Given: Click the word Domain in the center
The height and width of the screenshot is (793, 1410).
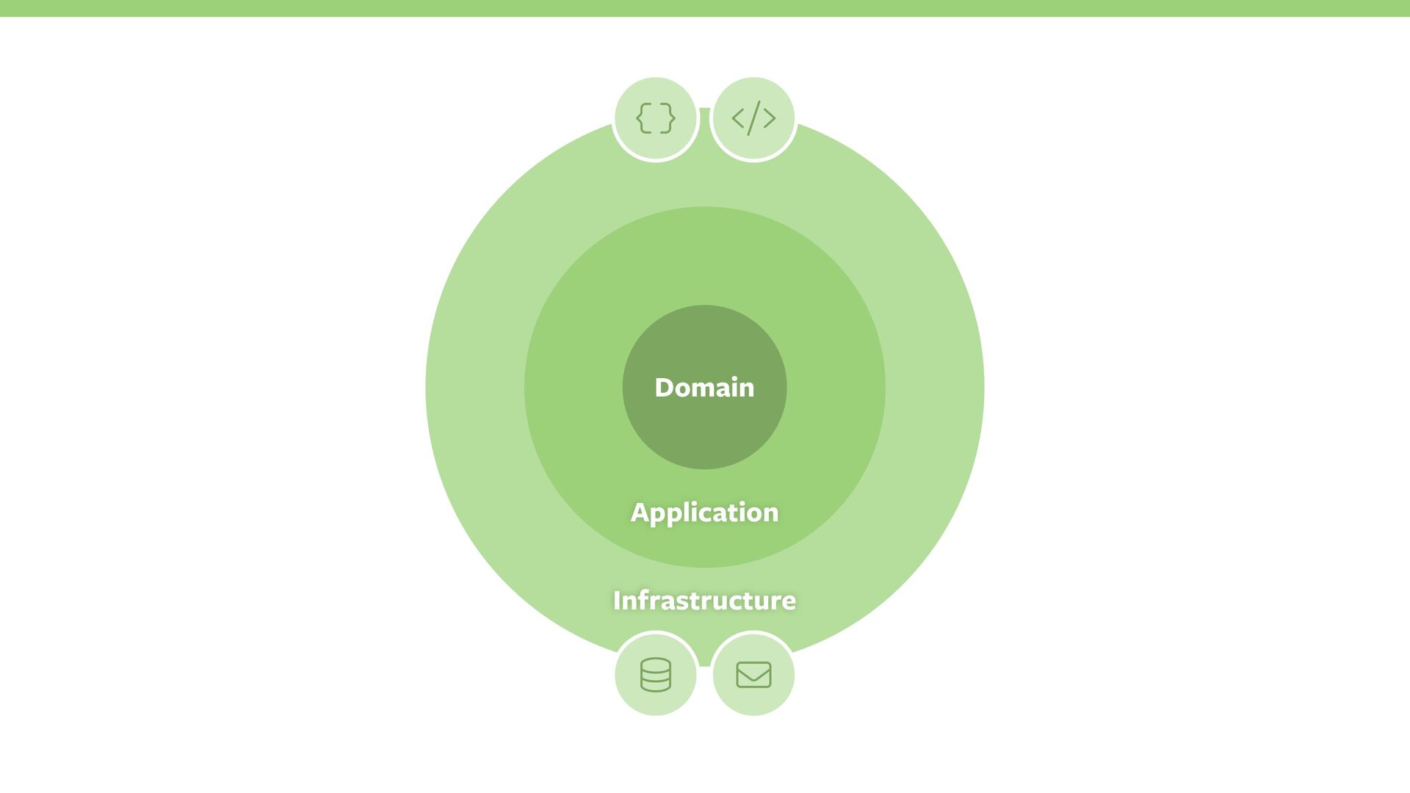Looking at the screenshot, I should click(704, 387).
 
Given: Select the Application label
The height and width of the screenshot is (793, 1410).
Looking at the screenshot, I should click(704, 513).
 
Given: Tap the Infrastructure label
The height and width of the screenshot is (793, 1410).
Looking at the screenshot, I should click(704, 601).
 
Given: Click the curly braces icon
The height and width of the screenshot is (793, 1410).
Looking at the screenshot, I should click(655, 118).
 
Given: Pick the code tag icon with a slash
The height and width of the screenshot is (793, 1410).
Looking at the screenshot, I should click(753, 118).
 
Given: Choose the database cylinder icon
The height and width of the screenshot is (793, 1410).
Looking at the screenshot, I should click(655, 674).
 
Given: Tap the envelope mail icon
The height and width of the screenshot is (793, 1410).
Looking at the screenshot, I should click(753, 674).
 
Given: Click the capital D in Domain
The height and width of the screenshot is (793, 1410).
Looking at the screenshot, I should click(664, 388).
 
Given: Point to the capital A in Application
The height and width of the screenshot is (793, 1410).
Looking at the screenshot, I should click(640, 513).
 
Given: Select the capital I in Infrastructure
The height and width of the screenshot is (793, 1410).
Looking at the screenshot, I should click(617, 601).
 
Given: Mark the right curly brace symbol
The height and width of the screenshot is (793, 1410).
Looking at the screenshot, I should click(668, 118).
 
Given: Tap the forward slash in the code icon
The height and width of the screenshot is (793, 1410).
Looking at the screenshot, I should click(753, 118).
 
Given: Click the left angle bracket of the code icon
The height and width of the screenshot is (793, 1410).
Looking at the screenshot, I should click(738, 118).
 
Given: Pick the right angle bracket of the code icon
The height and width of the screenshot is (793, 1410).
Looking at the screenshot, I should click(770, 118).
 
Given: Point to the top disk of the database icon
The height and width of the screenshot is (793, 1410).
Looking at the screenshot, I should click(655, 664).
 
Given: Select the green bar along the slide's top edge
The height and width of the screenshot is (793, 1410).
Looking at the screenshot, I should click(705, 8).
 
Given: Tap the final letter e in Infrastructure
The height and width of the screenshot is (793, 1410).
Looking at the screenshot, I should click(789, 602).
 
